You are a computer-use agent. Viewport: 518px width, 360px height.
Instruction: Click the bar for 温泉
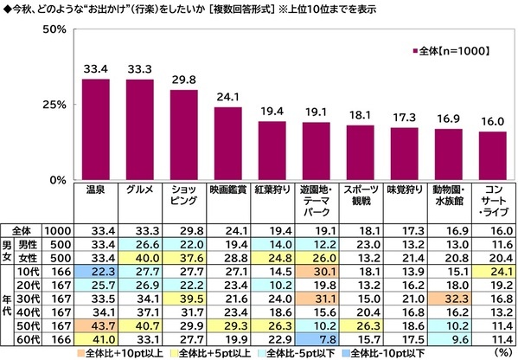95,129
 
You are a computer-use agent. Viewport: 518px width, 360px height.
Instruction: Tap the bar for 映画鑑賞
227,143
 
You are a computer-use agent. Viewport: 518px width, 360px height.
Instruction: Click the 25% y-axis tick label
54,105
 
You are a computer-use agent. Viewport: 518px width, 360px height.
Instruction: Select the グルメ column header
139,188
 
